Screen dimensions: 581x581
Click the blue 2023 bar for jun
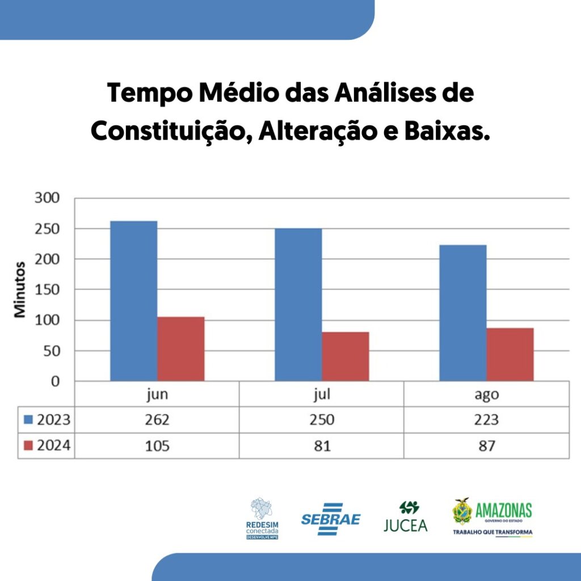coord(134,301)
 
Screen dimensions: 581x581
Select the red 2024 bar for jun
coord(181,349)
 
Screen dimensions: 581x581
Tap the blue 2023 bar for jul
coord(298,305)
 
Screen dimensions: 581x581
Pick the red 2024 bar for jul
coord(346,356)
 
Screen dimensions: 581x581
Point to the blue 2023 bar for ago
coord(463,313)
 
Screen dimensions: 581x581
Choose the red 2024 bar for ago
coord(510,354)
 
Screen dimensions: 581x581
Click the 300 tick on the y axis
coord(47,198)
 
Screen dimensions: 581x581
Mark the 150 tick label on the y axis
coord(47,289)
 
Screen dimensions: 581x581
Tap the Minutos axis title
coord(20,290)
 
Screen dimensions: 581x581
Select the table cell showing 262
coord(157,420)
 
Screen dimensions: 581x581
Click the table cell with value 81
coord(322,446)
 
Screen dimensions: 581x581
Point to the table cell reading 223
coord(486,420)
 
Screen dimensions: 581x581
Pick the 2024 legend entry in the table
coord(47,445)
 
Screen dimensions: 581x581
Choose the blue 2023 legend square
coord(28,419)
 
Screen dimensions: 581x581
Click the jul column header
coord(322,394)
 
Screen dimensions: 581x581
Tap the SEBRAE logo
coord(331,519)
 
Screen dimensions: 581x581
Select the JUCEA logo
coord(406,517)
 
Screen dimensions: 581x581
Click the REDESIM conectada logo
coord(262,519)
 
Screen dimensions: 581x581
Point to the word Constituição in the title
coord(169,131)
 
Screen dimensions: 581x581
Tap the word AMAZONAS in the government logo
coord(504,510)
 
